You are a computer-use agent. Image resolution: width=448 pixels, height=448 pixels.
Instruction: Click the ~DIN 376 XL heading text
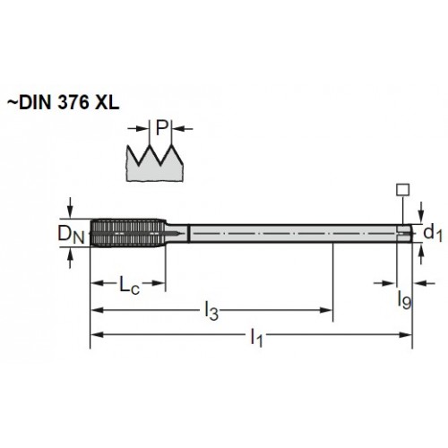(x=63, y=103)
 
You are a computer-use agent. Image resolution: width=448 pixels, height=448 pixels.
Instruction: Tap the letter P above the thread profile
(x=161, y=127)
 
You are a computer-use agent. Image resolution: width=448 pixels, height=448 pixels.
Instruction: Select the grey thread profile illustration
(x=155, y=163)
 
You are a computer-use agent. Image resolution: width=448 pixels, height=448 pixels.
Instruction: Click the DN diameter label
(x=71, y=234)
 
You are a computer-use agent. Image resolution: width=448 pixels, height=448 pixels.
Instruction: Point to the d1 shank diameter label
(x=433, y=232)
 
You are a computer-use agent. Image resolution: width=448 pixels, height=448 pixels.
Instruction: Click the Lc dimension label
(x=129, y=285)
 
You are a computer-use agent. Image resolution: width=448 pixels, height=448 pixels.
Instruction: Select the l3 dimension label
(x=211, y=311)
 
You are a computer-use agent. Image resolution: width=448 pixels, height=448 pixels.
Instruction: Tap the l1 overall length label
(x=256, y=337)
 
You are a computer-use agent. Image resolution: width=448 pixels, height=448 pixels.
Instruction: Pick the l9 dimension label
(x=404, y=299)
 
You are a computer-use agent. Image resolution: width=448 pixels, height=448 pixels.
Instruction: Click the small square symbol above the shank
(x=402, y=190)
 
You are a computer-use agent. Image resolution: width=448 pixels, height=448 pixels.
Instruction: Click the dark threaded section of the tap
(x=128, y=233)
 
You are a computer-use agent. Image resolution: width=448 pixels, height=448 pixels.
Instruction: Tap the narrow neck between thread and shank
(x=177, y=233)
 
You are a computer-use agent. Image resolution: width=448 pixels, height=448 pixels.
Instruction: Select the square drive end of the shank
(x=405, y=233)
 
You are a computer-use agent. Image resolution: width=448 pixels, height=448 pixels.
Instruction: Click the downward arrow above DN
(x=70, y=208)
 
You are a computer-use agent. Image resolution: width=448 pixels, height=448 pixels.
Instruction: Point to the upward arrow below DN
(x=70, y=257)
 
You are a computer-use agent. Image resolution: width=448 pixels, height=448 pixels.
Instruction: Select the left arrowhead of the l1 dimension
(x=97, y=335)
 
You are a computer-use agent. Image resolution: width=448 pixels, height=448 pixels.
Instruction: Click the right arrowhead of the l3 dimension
(x=326, y=310)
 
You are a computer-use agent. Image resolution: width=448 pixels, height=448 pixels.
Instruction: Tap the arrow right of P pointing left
(x=183, y=129)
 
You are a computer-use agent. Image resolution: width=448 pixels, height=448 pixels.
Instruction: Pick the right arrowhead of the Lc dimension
(x=159, y=283)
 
